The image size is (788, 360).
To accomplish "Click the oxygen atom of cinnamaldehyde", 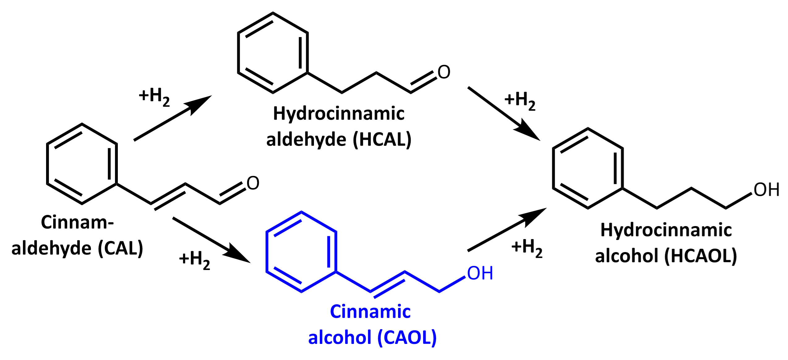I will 253,183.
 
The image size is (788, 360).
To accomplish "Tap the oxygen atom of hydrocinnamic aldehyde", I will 444,72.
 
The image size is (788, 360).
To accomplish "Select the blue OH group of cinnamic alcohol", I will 480,273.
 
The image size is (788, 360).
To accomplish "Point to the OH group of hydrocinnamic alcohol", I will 766,190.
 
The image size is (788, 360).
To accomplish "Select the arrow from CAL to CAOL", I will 211,240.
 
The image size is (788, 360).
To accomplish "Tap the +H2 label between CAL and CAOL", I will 194,260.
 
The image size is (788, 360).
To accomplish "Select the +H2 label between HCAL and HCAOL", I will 520,101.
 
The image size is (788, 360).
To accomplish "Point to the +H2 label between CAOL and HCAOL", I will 527,248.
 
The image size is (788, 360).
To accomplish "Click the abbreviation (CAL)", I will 120,248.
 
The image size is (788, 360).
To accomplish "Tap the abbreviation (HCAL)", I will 382,139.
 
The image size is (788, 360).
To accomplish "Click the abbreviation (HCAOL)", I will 701,256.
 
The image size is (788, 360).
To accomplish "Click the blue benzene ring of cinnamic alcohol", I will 301,252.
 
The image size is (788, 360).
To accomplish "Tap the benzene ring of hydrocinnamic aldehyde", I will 272,53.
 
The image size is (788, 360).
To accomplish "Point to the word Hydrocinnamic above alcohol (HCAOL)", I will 666,230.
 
